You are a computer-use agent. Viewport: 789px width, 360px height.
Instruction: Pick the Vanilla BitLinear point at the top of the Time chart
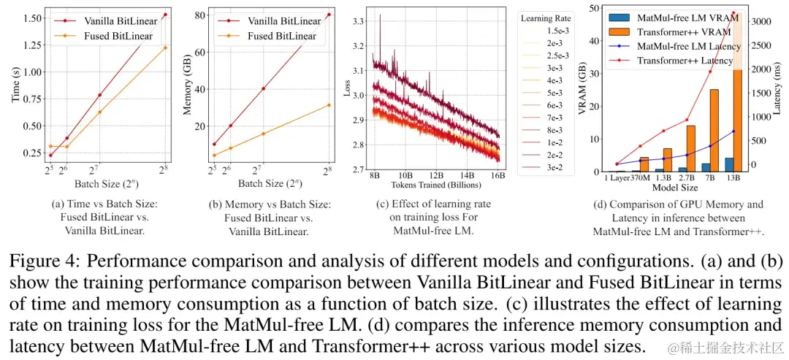click(165, 15)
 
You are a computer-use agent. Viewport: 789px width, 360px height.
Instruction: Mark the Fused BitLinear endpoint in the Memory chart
click(329, 105)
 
